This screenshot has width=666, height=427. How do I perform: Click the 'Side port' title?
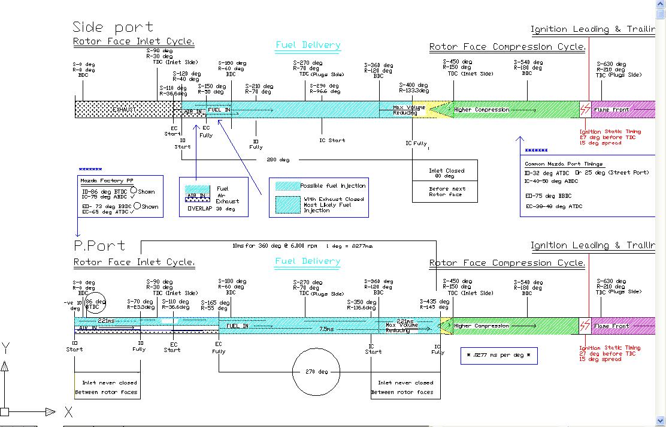pyautogui.click(x=113, y=27)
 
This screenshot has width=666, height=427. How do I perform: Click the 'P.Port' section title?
pyautogui.click(x=99, y=245)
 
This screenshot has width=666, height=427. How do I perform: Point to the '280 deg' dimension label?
pyautogui.click(x=277, y=160)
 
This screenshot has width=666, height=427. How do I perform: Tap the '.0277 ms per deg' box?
pyautogui.click(x=499, y=355)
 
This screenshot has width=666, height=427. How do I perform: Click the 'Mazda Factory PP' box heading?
pyautogui.click(x=103, y=181)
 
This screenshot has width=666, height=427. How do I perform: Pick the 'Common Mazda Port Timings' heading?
pyautogui.click(x=564, y=164)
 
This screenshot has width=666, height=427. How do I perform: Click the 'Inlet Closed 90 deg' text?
pyautogui.click(x=446, y=173)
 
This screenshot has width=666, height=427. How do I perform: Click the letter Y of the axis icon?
pyautogui.click(x=5, y=348)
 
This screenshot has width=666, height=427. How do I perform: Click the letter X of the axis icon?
pyautogui.click(x=68, y=412)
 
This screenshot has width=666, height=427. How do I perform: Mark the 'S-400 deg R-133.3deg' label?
pyautogui.click(x=414, y=88)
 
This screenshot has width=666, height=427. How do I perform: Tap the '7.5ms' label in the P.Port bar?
pyautogui.click(x=326, y=329)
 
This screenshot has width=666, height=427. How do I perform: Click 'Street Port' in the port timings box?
pyautogui.click(x=626, y=173)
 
